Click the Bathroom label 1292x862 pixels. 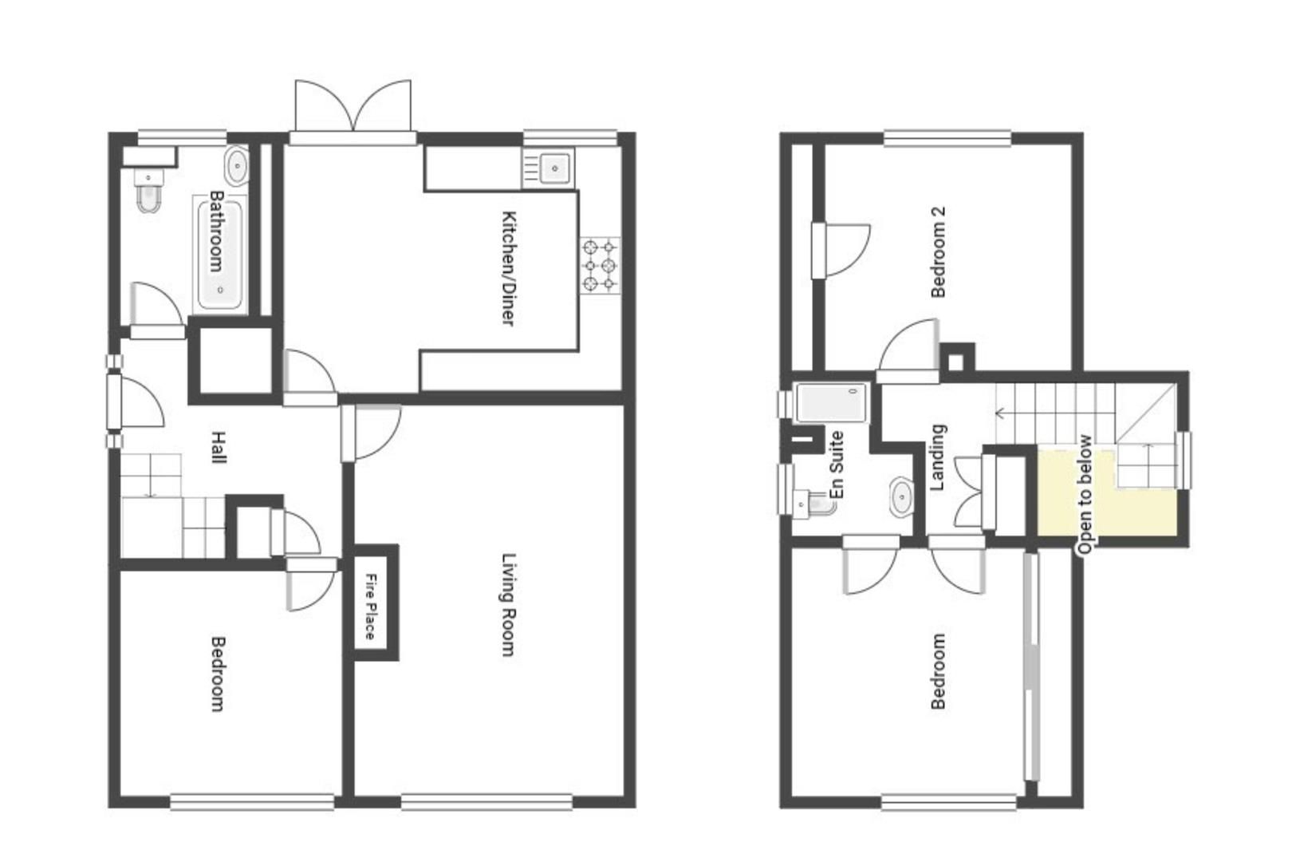coord(215,231)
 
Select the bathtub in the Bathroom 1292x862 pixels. coord(220,254)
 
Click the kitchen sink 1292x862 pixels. coord(553,168)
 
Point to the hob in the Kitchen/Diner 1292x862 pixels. coord(600,265)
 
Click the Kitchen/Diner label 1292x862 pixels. coord(508,267)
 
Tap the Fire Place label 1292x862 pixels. coord(370,606)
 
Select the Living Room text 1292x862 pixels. coord(508,604)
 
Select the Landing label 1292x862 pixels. coord(938,457)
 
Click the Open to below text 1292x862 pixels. coord(1085,494)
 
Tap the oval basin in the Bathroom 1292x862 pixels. coord(237,167)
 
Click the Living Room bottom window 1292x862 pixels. coord(486,801)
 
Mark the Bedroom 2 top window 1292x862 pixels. coord(947,139)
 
